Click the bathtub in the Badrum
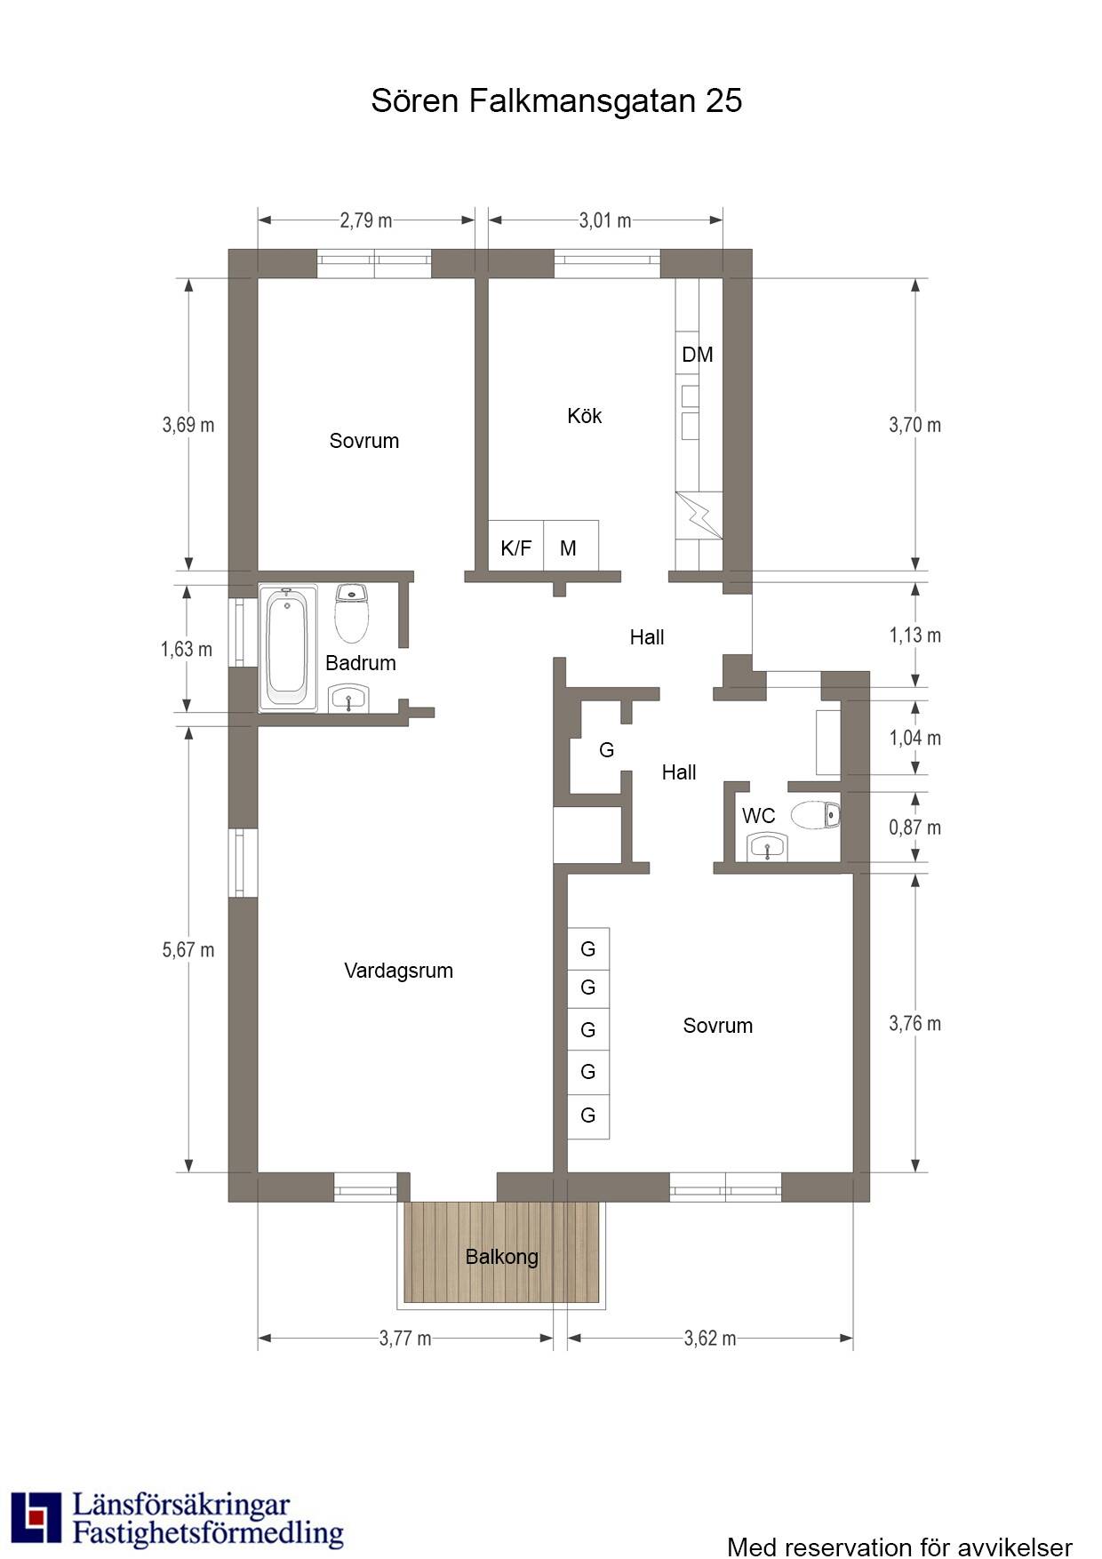pyautogui.click(x=287, y=647)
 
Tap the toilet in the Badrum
pyautogui.click(x=352, y=612)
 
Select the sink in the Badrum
pyautogui.click(x=349, y=699)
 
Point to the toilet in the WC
pyautogui.click(x=815, y=814)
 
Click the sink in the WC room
pyautogui.click(x=767, y=847)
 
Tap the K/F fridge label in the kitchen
pyautogui.click(x=515, y=548)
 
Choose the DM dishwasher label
pyautogui.click(x=698, y=355)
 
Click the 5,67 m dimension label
pyautogui.click(x=188, y=949)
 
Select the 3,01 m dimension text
pyautogui.click(x=605, y=220)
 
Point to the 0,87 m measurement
pyautogui.click(x=914, y=827)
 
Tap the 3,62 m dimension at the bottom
pyautogui.click(x=710, y=1338)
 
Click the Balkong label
pyautogui.click(x=502, y=1257)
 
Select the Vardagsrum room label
pyautogui.click(x=398, y=971)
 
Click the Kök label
pyautogui.click(x=585, y=415)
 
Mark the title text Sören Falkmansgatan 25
pyautogui.click(x=556, y=100)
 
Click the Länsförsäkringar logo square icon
pyautogui.click(x=36, y=1519)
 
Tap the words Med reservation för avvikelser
pyautogui.click(x=899, y=1547)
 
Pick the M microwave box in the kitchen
pyautogui.click(x=571, y=545)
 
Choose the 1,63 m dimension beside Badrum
pyautogui.click(x=187, y=650)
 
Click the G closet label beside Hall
pyautogui.click(x=607, y=750)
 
